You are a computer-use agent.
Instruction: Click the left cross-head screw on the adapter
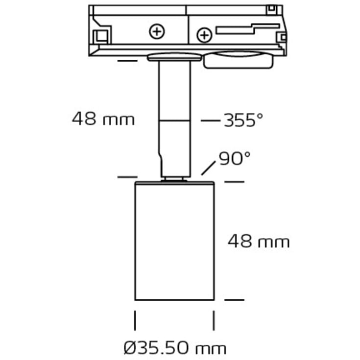[x=157, y=32]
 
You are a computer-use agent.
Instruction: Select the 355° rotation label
[x=243, y=120]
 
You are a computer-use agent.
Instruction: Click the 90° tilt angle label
[x=235, y=159]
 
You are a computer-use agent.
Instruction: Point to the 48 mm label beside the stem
[x=103, y=119]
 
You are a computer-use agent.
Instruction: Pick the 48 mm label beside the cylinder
[x=259, y=241]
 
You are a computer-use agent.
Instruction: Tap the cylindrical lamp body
[x=174, y=240]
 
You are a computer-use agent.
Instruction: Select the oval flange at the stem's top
[x=174, y=57]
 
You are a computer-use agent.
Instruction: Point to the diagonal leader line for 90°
[x=209, y=169]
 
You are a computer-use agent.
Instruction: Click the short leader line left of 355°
[x=211, y=120]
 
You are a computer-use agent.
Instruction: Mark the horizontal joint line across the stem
[x=174, y=120]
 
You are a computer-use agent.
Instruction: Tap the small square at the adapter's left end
[x=102, y=36]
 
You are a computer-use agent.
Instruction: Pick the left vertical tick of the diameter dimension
[x=135, y=321]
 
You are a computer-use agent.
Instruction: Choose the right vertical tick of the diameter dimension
[x=214, y=321]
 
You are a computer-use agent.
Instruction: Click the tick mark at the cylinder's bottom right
[x=234, y=299]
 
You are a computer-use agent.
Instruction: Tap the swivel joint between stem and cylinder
[x=174, y=179]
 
